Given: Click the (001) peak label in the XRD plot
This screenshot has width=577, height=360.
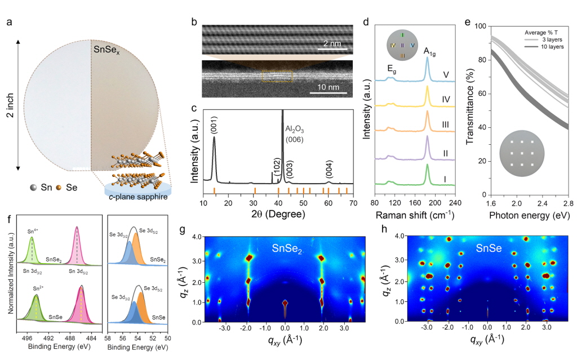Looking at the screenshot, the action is pos(214,126).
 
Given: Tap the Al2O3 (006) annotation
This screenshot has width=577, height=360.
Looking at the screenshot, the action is pos(295,134).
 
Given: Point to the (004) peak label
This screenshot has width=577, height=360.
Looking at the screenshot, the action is pos(329,170).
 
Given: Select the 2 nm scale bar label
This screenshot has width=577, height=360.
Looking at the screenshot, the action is pos(332,44).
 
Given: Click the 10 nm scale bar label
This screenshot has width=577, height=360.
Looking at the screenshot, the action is pos(329,87).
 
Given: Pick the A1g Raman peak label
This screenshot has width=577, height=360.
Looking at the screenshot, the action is pos(429,51).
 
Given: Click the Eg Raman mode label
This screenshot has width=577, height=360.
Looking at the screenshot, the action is pos(392,69).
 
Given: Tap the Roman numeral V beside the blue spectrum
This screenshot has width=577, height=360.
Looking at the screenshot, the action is pos(446,75).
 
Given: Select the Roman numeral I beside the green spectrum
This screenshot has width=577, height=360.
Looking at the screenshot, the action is pos(445,180).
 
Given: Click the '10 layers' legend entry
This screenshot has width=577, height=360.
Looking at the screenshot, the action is pos(552,47).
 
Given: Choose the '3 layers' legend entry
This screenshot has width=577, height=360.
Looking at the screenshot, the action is pos(552,39).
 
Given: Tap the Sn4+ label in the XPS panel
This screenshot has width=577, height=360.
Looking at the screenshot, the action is pos(33,232).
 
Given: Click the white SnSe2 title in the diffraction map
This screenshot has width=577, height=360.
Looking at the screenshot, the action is pos(287,249).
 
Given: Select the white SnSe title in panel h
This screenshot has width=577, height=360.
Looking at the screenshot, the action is pos(489,248).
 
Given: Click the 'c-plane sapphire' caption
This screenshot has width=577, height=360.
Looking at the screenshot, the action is pos(139,197).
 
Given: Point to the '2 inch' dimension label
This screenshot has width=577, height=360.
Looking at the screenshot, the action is pos(10,105).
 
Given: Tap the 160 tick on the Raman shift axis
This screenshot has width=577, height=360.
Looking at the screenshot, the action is pos(415,203).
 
